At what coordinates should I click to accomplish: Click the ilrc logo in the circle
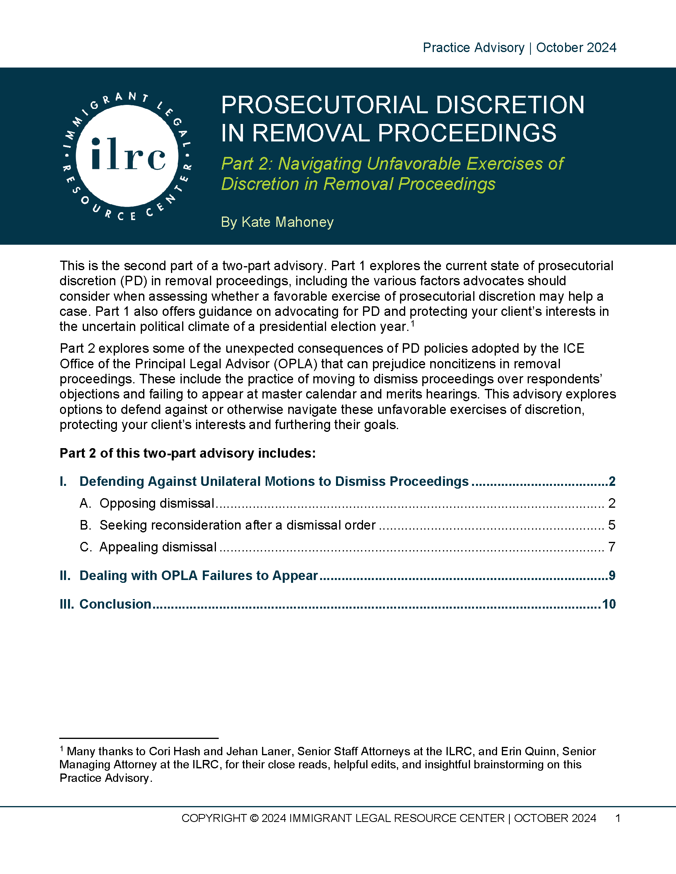pyautogui.click(x=127, y=155)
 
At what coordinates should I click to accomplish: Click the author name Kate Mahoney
pyautogui.click(x=287, y=222)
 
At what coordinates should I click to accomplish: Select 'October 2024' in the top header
pyautogui.click(x=576, y=48)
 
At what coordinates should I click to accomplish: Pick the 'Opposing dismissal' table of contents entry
pyautogui.click(x=157, y=503)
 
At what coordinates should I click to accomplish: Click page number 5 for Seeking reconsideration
pyautogui.click(x=612, y=525)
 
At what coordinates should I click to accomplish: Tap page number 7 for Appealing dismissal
pyautogui.click(x=612, y=547)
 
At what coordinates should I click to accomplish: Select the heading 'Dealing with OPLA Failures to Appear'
pyautogui.click(x=199, y=576)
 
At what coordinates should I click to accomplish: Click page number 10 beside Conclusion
pyautogui.click(x=609, y=604)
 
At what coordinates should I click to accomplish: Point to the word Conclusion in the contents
pyautogui.click(x=115, y=604)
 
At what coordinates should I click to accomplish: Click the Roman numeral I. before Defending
pyautogui.click(x=63, y=481)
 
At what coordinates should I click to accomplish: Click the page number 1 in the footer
pyautogui.click(x=618, y=818)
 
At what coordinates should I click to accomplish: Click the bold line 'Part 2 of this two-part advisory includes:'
pyautogui.click(x=188, y=453)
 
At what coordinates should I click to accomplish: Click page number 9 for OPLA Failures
pyautogui.click(x=612, y=576)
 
